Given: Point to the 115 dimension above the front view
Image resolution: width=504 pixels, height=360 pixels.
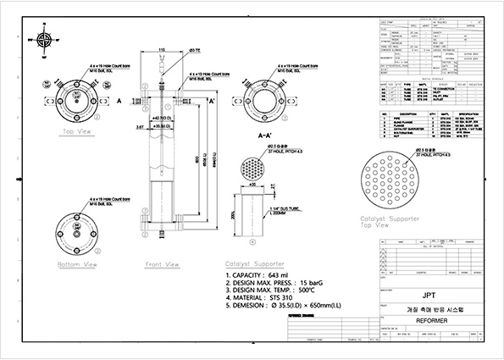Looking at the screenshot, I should point(161,50).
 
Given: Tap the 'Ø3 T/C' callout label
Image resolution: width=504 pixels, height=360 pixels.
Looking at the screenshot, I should point(194,53).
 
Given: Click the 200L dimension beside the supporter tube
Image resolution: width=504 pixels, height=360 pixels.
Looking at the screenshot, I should point(233,217).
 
